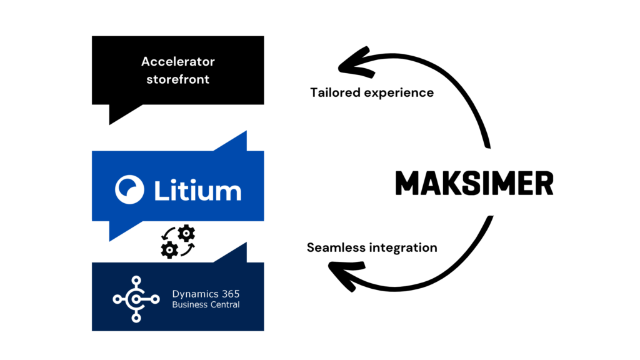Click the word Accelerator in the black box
(177, 62)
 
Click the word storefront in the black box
(177, 79)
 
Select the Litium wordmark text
(197, 189)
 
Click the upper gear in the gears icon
(186, 234)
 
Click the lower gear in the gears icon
(169, 249)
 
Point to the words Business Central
(206, 305)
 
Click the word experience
(400, 92)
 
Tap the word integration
(402, 247)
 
